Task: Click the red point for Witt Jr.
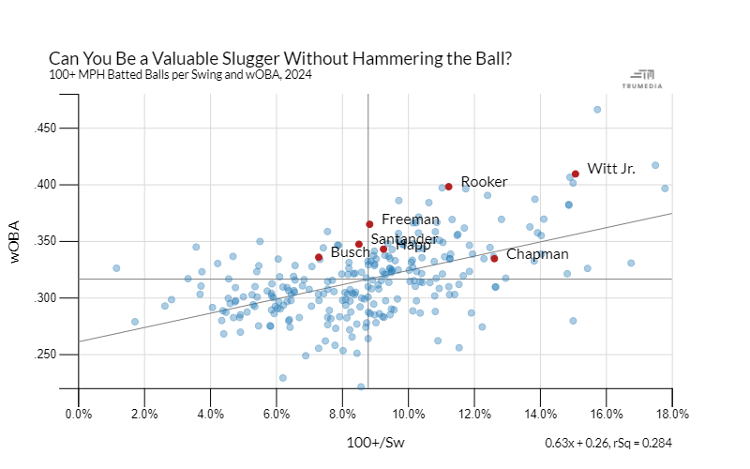click(x=576, y=174)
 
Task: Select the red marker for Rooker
click(x=449, y=187)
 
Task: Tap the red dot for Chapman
click(x=494, y=258)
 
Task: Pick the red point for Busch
click(x=319, y=257)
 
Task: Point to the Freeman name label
click(x=411, y=219)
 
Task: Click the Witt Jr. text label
click(x=611, y=169)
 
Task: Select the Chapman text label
click(x=537, y=254)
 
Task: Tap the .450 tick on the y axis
click(x=50, y=129)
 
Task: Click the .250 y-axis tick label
click(x=50, y=355)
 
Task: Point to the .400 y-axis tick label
click(x=50, y=185)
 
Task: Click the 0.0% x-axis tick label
click(x=78, y=414)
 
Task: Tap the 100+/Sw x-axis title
click(x=375, y=440)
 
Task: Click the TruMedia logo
click(x=647, y=79)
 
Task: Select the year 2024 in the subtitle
click(x=299, y=74)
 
